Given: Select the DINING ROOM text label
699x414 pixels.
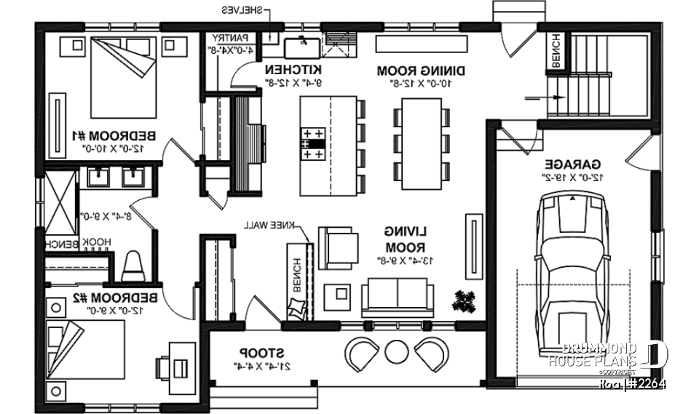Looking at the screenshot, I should (x=411, y=71).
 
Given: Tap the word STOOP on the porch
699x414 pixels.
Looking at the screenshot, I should (x=250, y=350).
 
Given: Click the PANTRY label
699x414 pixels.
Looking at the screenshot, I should (x=232, y=38).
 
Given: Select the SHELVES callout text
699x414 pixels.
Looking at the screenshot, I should (x=242, y=10).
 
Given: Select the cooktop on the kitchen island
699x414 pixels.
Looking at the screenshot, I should (x=313, y=144).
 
